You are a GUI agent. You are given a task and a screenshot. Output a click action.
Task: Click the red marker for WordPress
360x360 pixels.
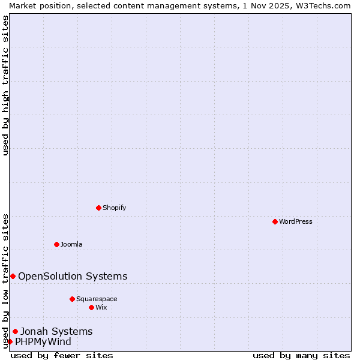point(275,221)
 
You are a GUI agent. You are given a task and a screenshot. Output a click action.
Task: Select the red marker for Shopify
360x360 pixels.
point(98,208)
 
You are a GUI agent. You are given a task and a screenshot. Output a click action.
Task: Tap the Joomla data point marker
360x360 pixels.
point(56,244)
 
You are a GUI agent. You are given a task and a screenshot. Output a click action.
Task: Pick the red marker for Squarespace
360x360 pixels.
point(72,299)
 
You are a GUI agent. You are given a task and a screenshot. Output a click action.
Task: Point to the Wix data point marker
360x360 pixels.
point(91,307)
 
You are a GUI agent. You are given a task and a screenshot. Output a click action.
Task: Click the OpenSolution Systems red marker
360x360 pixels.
point(13,276)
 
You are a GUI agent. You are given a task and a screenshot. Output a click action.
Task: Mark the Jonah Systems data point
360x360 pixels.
point(15,331)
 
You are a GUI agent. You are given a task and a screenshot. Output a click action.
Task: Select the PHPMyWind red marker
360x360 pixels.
point(10,341)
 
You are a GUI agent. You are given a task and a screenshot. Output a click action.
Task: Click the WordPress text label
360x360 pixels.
point(296,221)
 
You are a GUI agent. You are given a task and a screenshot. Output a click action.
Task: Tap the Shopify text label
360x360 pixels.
point(114,208)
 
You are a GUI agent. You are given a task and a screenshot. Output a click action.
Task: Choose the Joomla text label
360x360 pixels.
point(71,244)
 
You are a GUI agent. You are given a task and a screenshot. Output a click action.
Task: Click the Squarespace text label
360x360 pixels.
point(97,299)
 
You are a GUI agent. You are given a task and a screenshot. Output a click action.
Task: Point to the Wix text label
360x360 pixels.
point(101,307)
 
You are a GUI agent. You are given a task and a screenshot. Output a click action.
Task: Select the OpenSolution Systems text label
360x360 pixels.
point(73,276)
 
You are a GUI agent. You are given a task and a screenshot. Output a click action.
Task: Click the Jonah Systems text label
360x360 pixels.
point(56,331)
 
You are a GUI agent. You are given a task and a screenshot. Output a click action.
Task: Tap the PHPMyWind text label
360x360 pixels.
point(43,342)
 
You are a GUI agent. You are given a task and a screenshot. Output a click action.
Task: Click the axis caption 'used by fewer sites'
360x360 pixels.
point(62,355)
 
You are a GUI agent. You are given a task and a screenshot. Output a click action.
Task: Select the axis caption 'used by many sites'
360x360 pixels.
point(301,355)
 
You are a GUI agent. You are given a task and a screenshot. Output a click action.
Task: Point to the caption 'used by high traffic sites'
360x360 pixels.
point(5,85)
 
